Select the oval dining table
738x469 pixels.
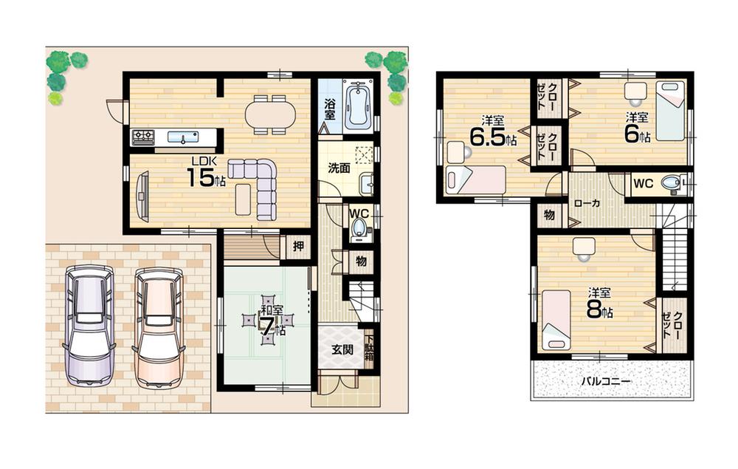coord(270,114)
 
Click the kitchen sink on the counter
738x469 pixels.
coord(182,137)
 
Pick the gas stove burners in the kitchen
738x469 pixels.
coord(142,137)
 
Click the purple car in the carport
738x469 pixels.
coord(89,325)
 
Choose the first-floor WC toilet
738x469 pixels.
coord(360,226)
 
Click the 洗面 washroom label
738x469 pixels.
coord(339,168)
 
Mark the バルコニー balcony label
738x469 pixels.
coord(604,382)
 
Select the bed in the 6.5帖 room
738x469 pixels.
coord(475,179)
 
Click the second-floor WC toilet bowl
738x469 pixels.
coord(671,183)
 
